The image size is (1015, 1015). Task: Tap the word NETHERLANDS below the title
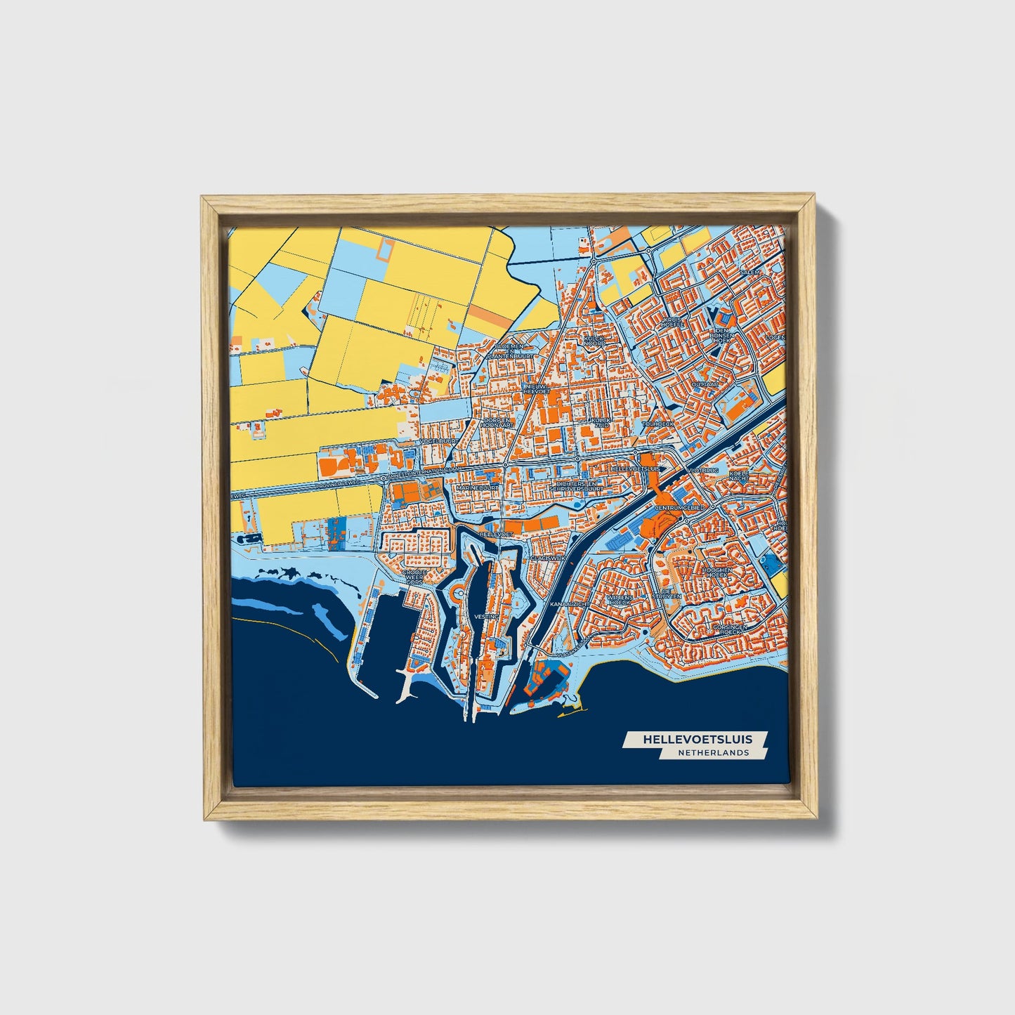click(713, 753)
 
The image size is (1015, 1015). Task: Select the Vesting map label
click(487, 616)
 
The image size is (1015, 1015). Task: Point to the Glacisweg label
click(548, 558)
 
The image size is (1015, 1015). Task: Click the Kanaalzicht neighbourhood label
click(568, 604)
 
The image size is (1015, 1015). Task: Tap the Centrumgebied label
click(679, 507)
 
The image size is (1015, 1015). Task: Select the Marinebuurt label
click(477, 487)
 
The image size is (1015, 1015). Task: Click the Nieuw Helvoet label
click(535, 390)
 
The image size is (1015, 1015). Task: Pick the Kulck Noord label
click(594, 340)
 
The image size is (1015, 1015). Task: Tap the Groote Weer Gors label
click(414, 577)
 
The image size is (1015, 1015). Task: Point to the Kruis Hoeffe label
click(672, 322)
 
